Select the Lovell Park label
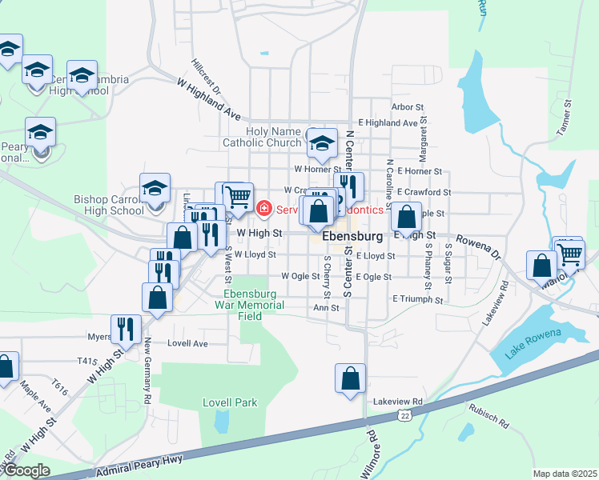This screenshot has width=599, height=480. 230,402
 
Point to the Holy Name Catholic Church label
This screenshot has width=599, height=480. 262,137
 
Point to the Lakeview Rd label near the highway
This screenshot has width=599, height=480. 396,402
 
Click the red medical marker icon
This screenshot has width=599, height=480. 263,209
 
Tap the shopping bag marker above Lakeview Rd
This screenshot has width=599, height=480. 351,378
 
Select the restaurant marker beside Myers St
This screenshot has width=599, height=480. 127,327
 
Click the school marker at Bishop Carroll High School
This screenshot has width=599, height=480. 155,190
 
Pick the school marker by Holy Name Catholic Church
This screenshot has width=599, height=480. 322,144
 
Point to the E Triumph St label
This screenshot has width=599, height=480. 417,299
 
